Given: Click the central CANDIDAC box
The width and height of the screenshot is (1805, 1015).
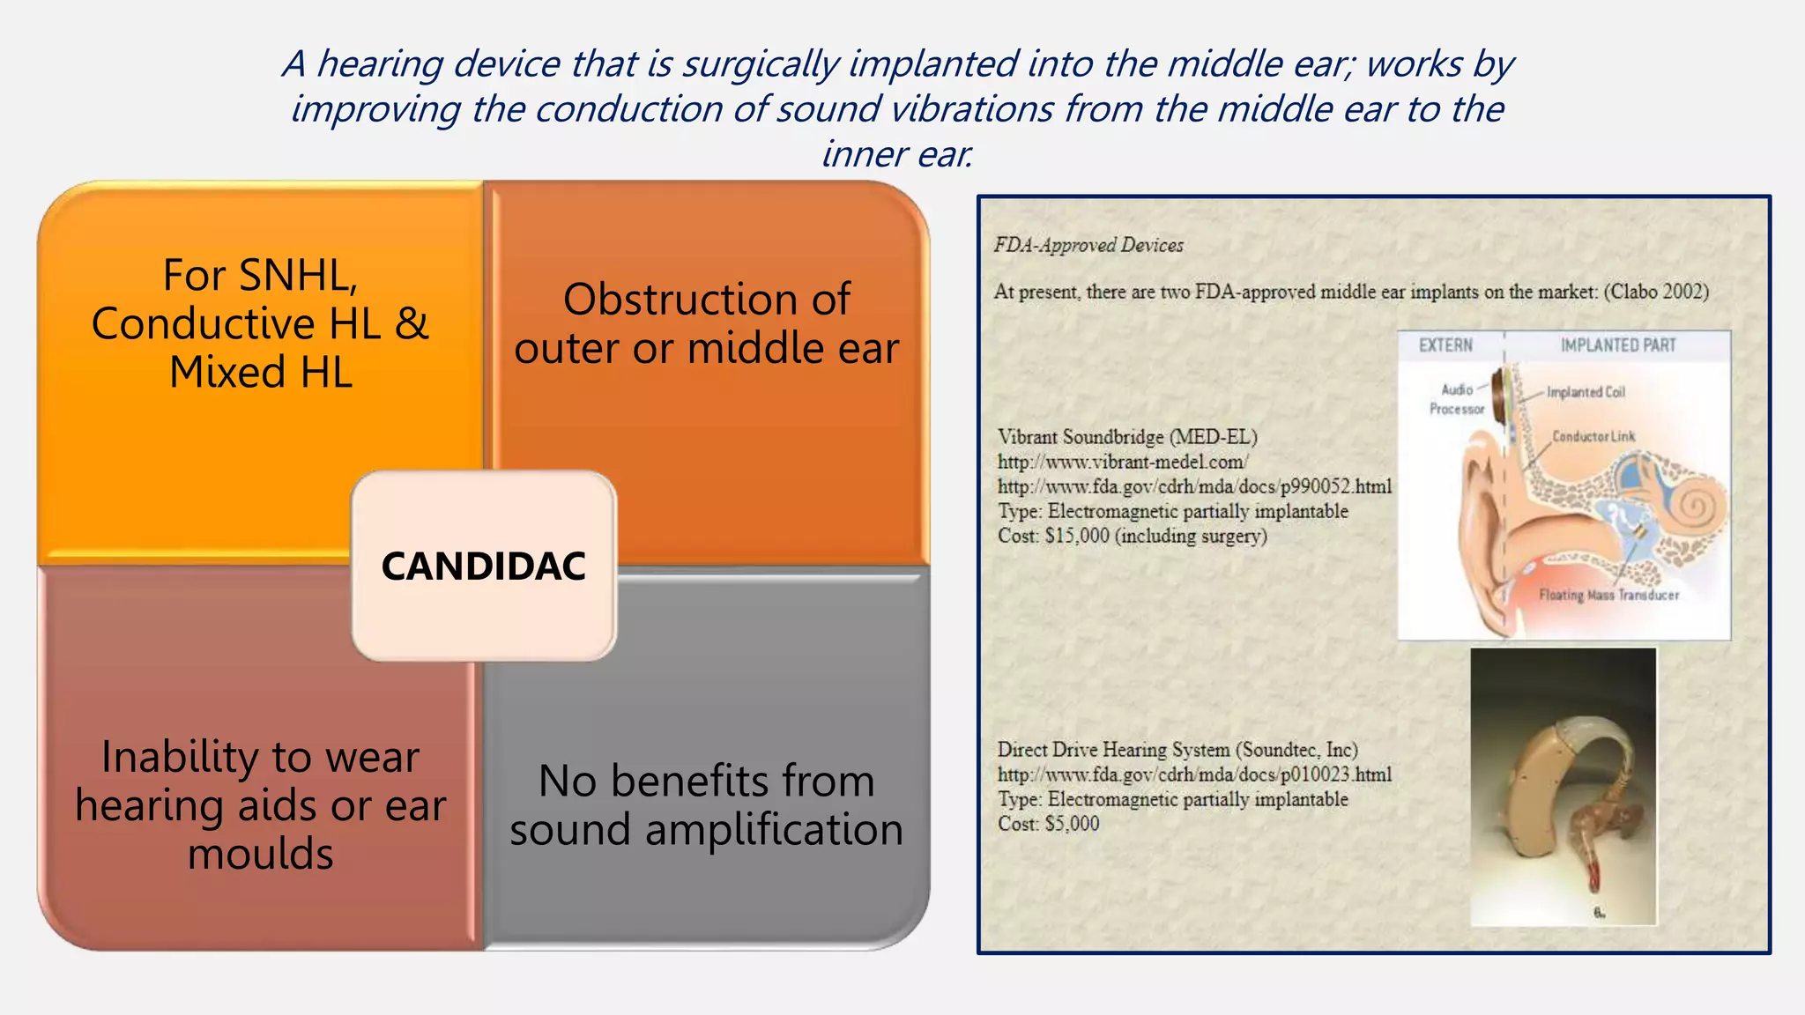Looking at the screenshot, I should point(483,566).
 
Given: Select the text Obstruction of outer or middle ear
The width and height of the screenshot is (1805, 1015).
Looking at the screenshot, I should point(707,323).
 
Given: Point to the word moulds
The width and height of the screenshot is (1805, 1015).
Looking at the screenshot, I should point(261,854).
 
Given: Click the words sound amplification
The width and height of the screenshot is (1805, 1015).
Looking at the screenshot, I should point(707,830).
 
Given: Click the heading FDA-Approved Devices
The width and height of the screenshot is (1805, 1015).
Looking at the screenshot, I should point(1088,245).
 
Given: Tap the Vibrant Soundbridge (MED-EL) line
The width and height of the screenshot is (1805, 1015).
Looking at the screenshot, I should point(1127,437).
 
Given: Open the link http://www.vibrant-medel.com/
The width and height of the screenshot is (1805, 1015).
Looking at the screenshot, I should point(1123,462).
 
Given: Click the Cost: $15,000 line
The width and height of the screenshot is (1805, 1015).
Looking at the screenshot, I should point(1132,536).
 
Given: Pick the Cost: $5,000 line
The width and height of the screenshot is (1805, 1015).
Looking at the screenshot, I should point(1048,824).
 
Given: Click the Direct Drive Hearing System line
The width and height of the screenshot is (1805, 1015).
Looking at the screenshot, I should point(1177,750).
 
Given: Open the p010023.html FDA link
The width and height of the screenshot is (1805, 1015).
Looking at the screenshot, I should point(1194,774).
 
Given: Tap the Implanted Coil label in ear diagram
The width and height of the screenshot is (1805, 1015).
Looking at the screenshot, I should point(1586,392).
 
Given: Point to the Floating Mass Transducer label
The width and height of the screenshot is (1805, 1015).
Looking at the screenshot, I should point(1608,596).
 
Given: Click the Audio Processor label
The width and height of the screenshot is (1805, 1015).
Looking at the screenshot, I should point(1456,399).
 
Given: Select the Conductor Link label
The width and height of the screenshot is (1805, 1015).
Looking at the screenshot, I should point(1593,436).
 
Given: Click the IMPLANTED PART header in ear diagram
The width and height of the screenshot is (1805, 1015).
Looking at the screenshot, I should point(1618,345).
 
